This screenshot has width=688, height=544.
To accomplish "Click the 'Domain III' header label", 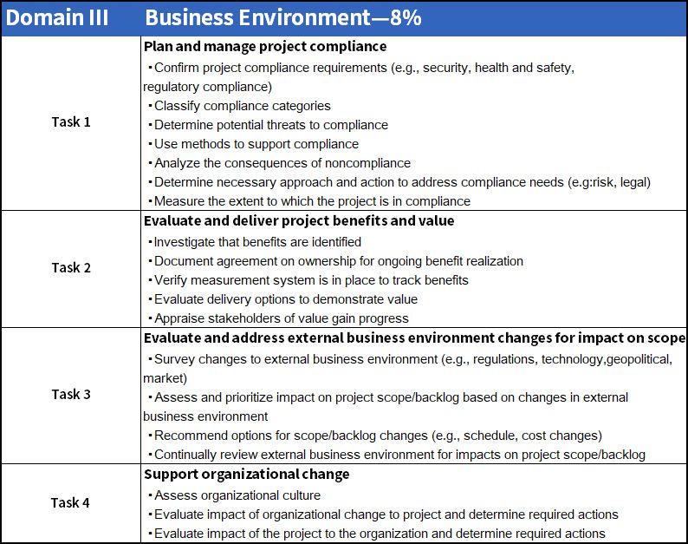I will (x=57, y=18).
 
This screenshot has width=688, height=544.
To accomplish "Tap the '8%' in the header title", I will (x=404, y=18).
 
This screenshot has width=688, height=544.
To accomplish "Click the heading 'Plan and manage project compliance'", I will (x=265, y=46).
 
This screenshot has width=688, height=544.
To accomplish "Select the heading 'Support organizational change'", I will (x=247, y=474).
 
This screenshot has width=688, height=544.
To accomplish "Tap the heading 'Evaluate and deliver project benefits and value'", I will (x=299, y=220).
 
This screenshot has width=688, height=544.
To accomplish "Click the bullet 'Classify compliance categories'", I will (x=242, y=106).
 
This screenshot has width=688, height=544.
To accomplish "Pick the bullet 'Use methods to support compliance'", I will (x=256, y=144).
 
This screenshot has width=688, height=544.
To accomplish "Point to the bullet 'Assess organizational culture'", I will (x=237, y=495).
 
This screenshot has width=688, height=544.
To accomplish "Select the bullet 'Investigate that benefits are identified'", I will (x=257, y=242).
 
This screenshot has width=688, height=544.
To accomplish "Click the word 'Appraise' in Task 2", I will (x=178, y=318).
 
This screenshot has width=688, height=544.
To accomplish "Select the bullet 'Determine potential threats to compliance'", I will (x=270, y=125).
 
